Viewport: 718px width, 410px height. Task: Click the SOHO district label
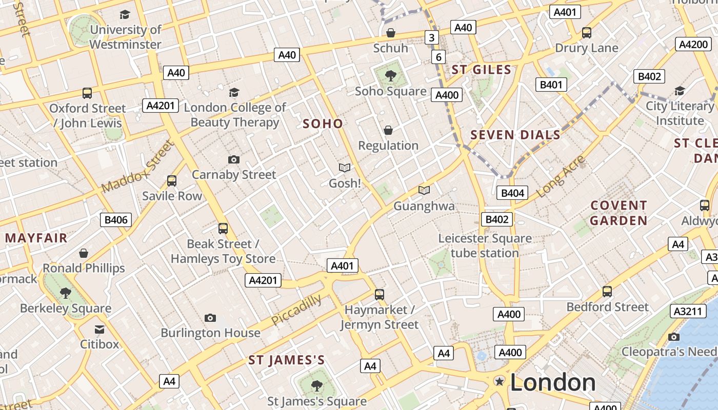click(x=323, y=124)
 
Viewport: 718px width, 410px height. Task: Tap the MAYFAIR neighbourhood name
click(x=36, y=238)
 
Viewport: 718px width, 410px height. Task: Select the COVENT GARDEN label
click(x=619, y=213)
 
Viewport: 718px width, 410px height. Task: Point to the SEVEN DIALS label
click(x=515, y=135)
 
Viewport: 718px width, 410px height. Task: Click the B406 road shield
click(x=116, y=220)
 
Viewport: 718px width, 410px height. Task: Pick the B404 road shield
click(x=512, y=193)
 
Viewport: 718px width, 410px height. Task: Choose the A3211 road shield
click(x=686, y=311)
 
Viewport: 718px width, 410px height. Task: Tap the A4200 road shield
click(x=692, y=44)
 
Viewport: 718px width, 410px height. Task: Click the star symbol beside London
click(x=499, y=381)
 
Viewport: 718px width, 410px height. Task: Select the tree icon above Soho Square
click(x=391, y=76)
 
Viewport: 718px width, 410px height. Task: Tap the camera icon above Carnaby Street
click(x=234, y=159)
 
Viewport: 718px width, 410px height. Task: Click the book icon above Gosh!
click(x=345, y=168)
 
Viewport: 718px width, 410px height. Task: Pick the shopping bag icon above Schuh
click(x=391, y=33)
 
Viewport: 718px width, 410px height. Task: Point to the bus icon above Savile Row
click(x=172, y=181)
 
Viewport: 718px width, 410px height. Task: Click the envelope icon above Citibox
click(x=99, y=329)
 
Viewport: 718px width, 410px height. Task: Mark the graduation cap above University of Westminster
click(x=125, y=14)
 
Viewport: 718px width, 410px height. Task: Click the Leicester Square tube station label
click(x=485, y=245)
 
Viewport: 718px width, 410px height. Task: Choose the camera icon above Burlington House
click(x=210, y=318)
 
